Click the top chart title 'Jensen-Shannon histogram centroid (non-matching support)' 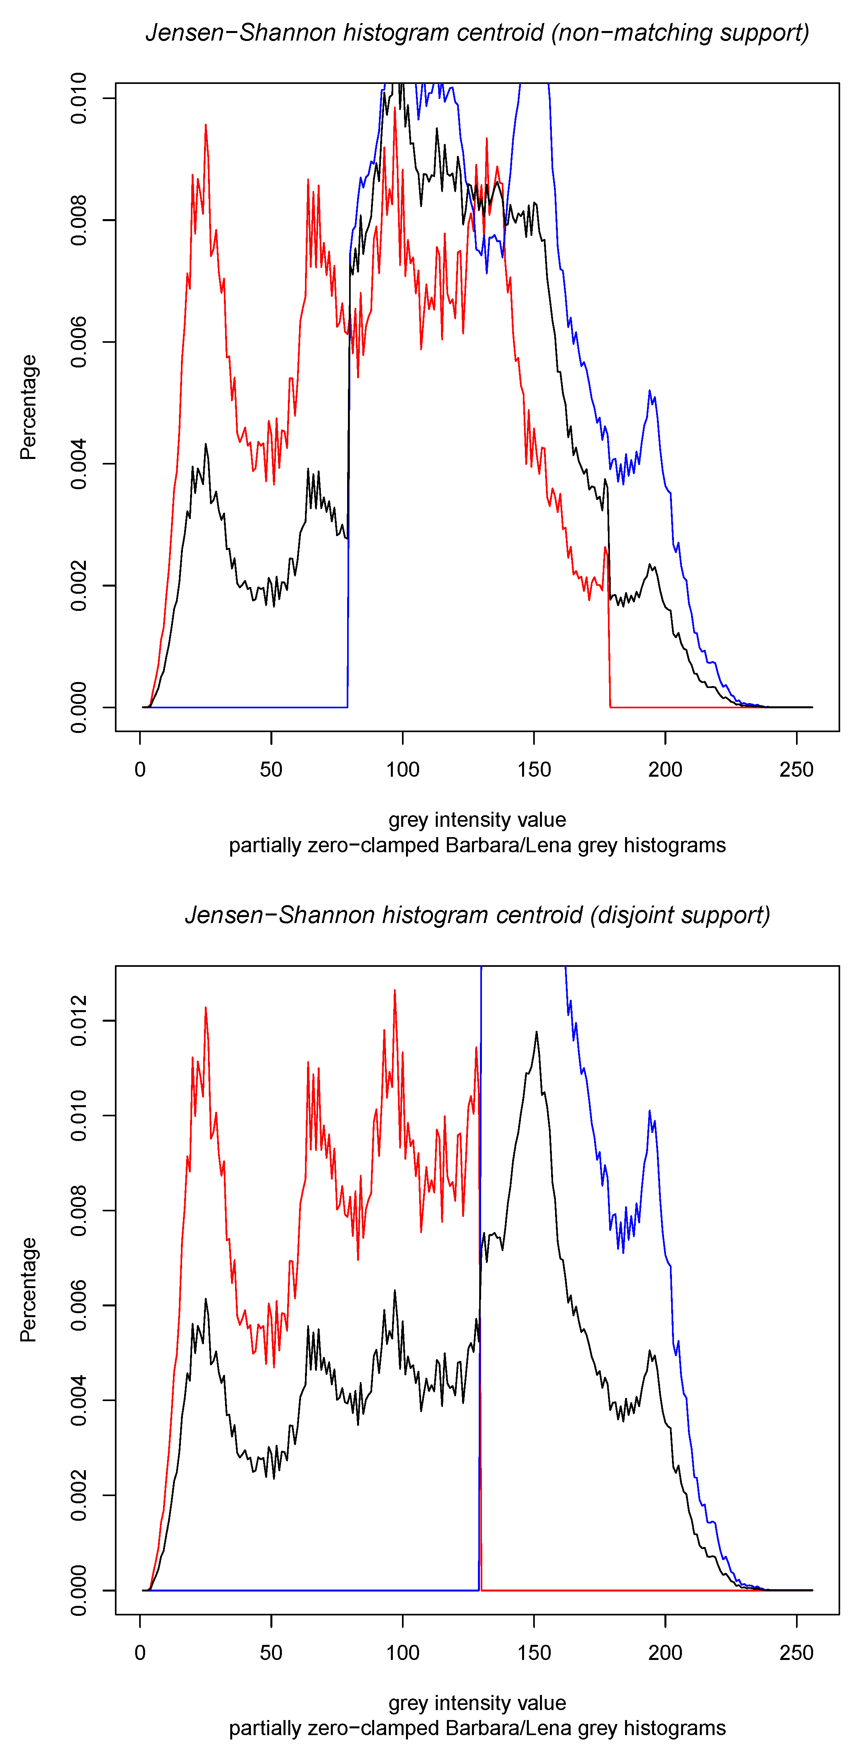tap(477, 33)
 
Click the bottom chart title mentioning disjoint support tap(477, 915)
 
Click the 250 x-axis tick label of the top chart tap(796, 770)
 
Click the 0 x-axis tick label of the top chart tap(140, 770)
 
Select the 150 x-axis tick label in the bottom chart tap(534, 1653)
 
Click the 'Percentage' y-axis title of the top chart tap(29, 407)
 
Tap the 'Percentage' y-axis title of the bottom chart tap(29, 1290)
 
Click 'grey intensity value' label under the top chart tap(477, 820)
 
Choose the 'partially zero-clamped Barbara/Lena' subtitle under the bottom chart tap(477, 1728)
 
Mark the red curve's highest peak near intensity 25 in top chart tap(205, 125)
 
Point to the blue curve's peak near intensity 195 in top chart tap(649, 391)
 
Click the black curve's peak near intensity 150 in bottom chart tap(536, 1032)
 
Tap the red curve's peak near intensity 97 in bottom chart tap(394, 991)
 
